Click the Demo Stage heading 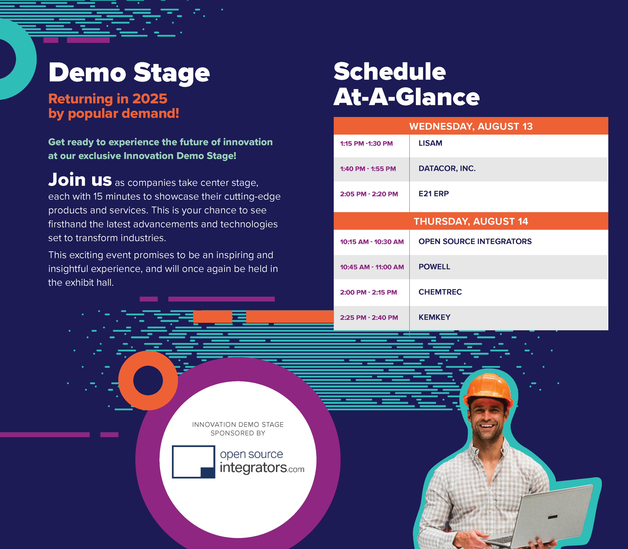point(129,73)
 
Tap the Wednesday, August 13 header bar point(471,126)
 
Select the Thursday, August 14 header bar point(471,221)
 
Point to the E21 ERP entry point(434,194)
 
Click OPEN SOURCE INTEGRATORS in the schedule point(475,241)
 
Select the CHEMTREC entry point(440,292)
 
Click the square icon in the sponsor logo point(193,462)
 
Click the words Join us point(80,180)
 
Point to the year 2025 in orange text point(150,99)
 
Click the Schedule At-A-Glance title point(407,84)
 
